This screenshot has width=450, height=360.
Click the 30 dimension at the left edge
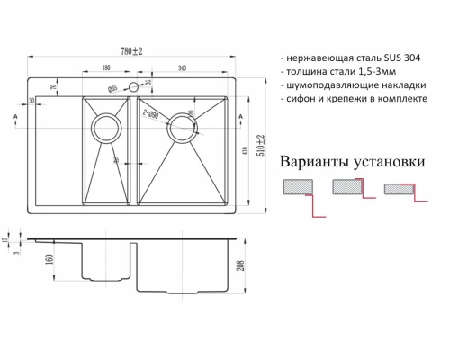[x=31, y=100]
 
